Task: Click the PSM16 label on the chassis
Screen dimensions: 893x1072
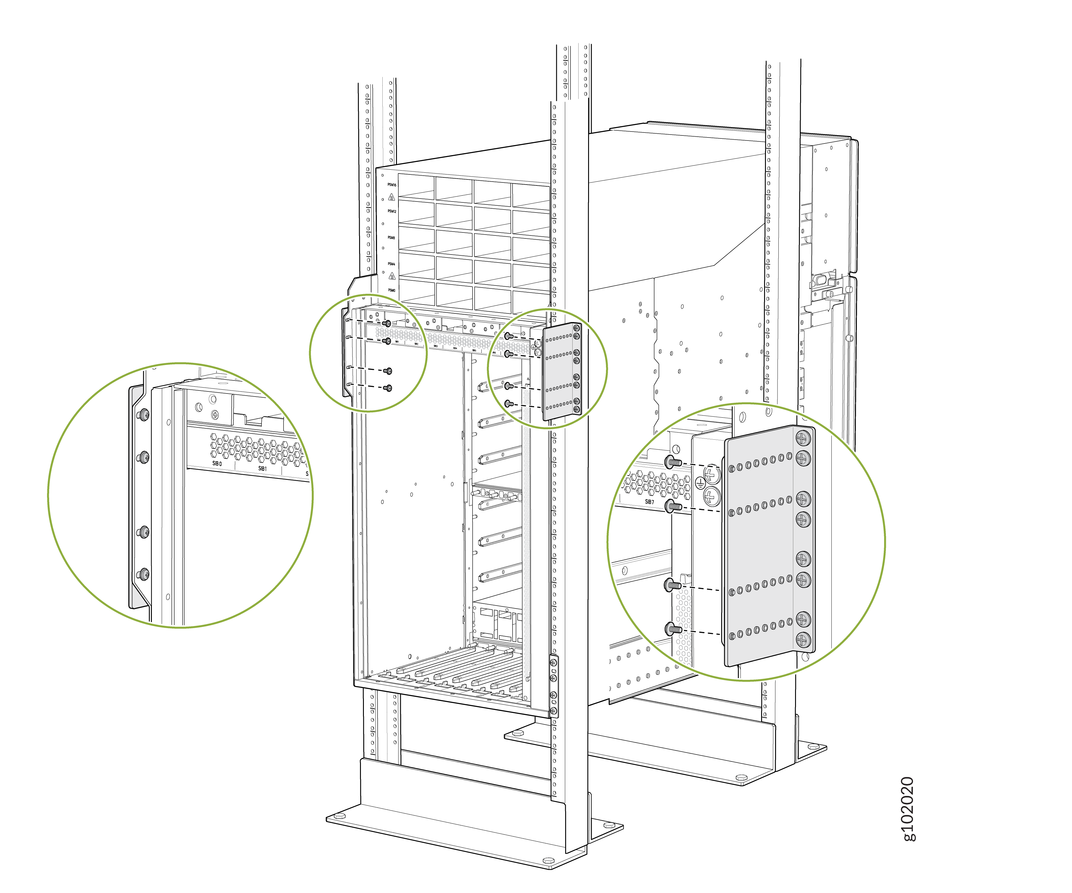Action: pos(392,185)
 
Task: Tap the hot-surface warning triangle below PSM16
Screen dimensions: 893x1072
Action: pos(392,197)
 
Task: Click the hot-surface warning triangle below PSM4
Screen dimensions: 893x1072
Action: pos(392,276)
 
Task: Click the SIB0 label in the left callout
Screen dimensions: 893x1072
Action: pos(217,463)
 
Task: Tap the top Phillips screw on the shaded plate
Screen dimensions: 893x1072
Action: pos(803,437)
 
